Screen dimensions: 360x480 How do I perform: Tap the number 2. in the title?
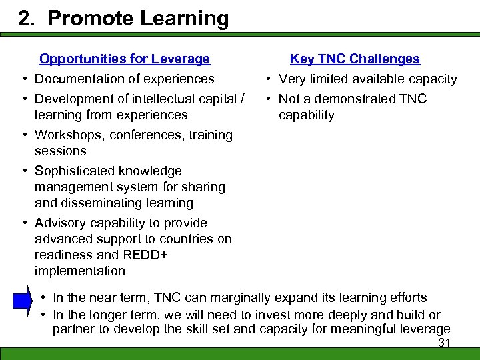click(x=29, y=18)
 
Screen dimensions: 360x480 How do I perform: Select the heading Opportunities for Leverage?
click(x=125, y=59)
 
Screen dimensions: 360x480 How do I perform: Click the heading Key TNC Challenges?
click(x=355, y=59)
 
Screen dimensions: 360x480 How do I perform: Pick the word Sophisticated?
click(x=75, y=171)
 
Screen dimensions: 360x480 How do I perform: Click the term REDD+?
click(x=145, y=255)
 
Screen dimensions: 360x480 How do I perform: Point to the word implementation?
click(x=80, y=271)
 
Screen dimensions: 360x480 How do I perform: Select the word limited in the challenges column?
click(x=329, y=79)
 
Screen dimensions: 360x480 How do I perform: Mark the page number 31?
click(x=444, y=343)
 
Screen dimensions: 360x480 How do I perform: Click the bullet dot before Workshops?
click(x=23, y=135)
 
